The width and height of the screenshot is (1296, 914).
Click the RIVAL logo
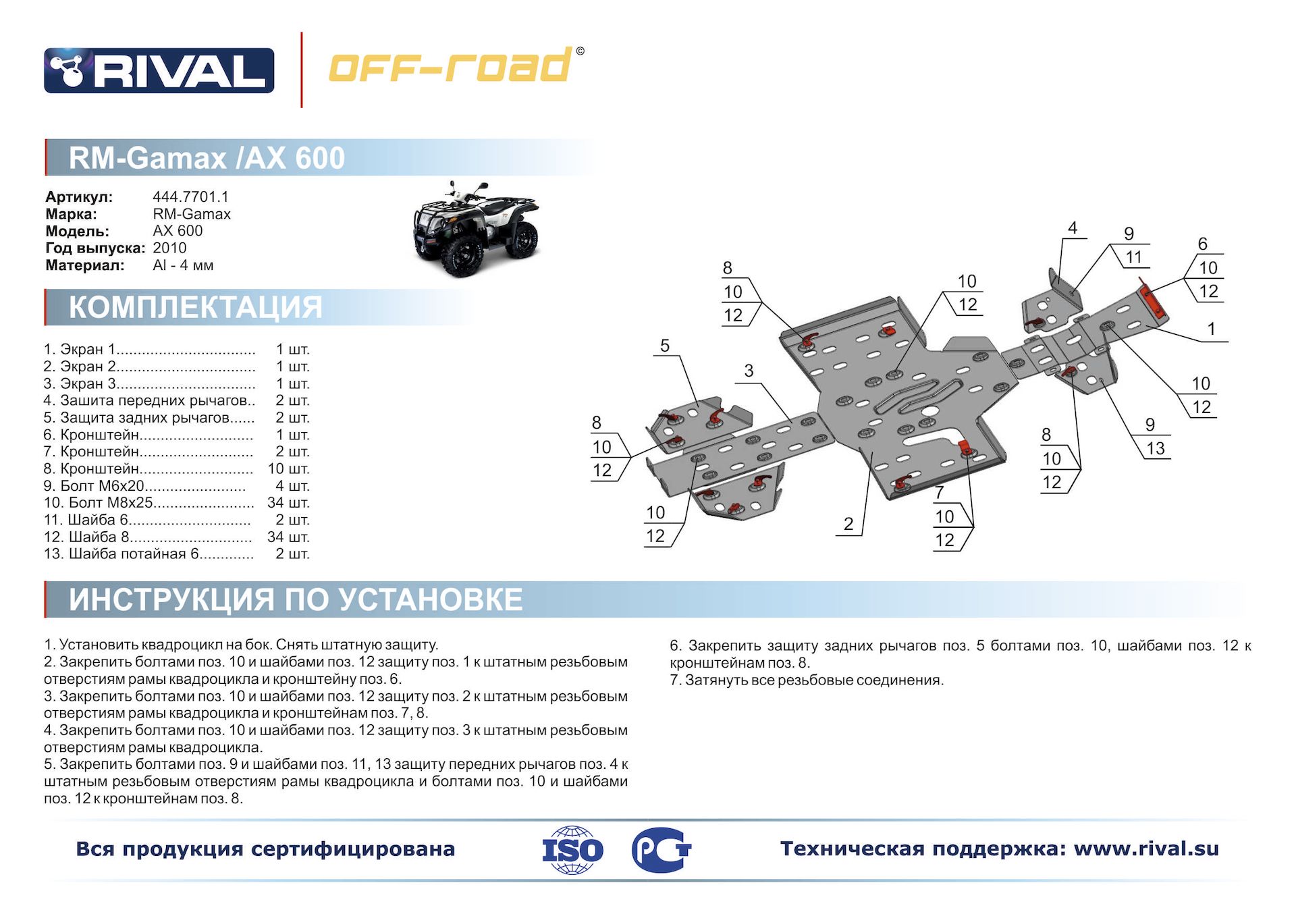pos(159,70)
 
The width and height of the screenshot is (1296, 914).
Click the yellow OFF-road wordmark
pos(456,65)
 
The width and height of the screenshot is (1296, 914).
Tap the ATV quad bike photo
pos(476,230)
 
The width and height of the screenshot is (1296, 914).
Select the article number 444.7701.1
pos(190,196)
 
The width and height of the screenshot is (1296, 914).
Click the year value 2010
pos(169,248)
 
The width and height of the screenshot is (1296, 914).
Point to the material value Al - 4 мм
pos(183,265)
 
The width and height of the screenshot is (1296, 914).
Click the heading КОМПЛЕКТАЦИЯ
pos(196,307)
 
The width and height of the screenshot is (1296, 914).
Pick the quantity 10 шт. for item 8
pos(288,468)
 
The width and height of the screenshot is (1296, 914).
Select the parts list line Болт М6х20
pos(144,486)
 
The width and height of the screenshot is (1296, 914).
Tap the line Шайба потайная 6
pos(148,554)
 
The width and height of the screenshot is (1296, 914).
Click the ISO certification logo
pos(572,850)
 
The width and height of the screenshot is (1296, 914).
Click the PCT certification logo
pos(661,850)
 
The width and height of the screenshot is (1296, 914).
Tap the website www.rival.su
pos(1146,849)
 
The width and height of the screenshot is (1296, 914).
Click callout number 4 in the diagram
pos(1073,228)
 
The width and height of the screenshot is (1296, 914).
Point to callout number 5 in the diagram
pos(665,346)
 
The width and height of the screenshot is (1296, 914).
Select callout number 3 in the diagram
pos(749,371)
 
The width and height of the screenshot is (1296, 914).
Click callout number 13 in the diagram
pos(1156,448)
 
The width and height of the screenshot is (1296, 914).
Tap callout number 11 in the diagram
pos(1134,257)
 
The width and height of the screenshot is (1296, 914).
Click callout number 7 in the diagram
pos(939,493)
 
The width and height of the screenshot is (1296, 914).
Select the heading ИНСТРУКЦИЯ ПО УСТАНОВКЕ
pos(296,599)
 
